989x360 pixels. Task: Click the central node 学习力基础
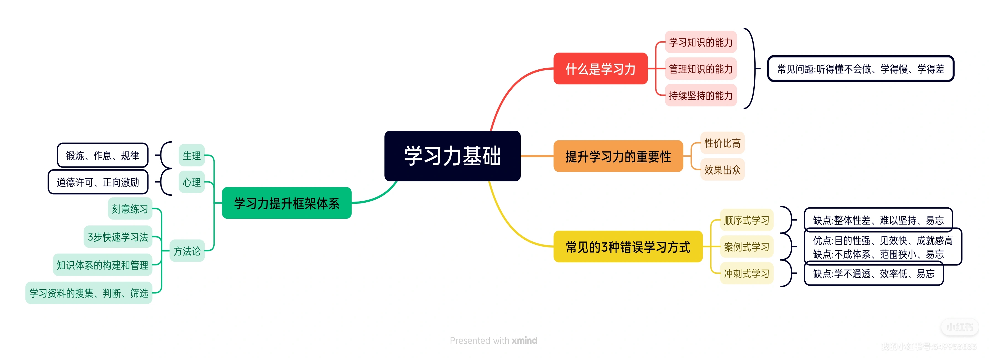point(452,156)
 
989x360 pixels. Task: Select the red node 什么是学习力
point(600,69)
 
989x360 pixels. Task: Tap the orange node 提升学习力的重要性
point(618,156)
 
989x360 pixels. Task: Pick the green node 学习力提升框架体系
point(287,203)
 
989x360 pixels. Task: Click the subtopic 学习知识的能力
point(701,42)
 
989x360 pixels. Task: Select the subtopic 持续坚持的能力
point(701,95)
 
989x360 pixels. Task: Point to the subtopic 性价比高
point(722,143)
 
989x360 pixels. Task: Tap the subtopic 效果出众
point(722,170)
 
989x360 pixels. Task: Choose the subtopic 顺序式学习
point(746,220)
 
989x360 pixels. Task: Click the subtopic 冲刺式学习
point(746,273)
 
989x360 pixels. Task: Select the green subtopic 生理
point(192,155)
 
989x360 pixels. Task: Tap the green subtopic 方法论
point(187,251)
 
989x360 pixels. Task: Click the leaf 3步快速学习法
point(118,237)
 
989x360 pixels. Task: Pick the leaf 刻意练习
point(130,209)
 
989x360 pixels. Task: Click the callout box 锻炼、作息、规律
point(103,155)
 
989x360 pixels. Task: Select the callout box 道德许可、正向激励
point(98,182)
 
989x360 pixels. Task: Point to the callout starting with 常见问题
point(860,69)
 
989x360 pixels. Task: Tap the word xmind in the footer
point(524,340)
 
